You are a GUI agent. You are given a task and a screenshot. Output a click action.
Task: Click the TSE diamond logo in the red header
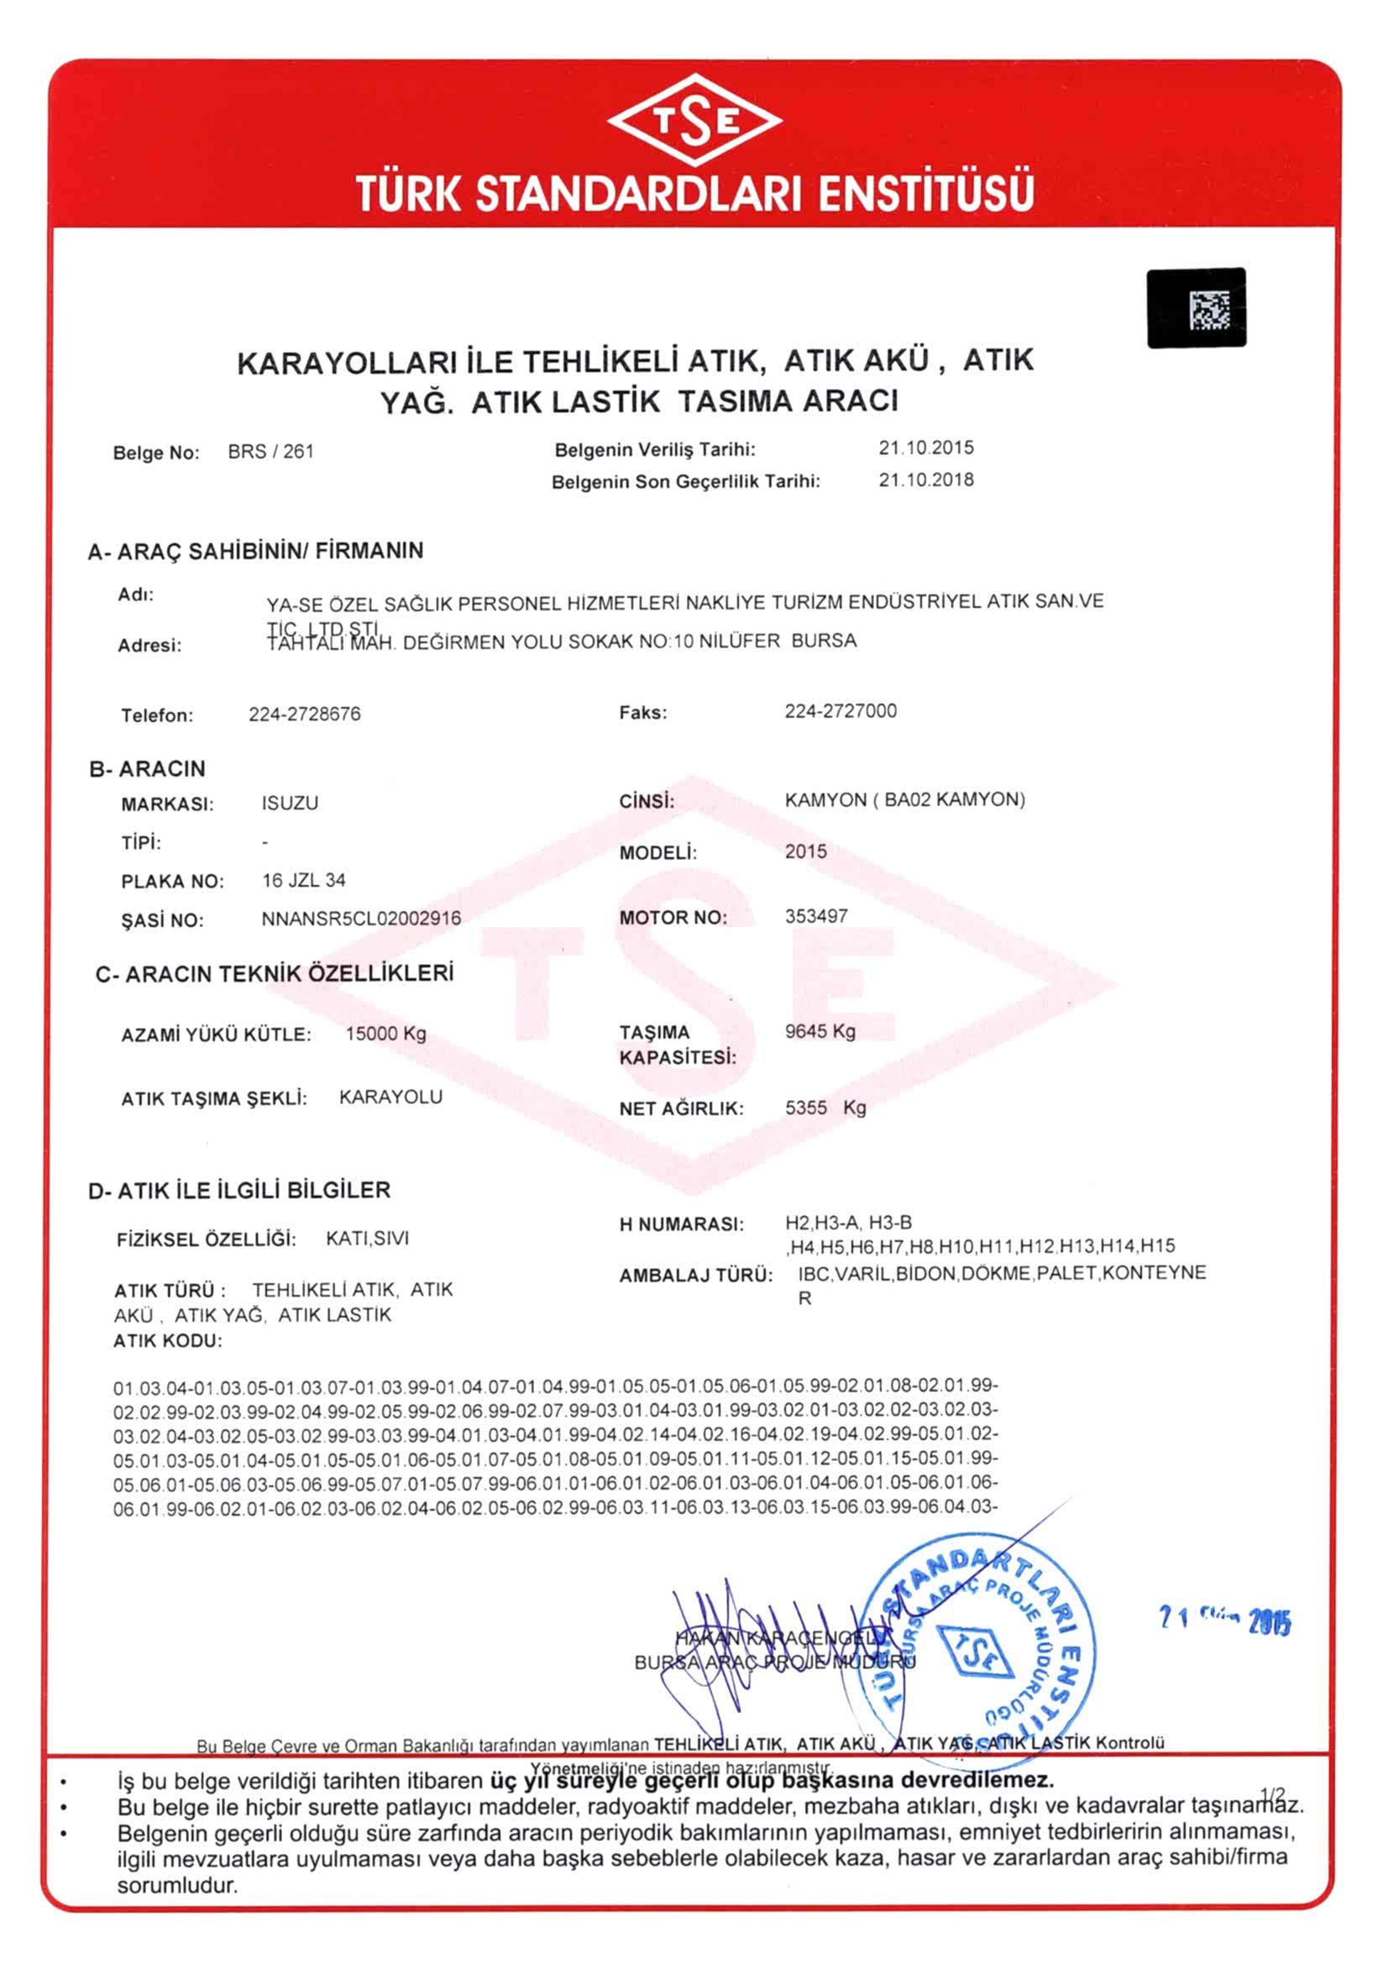pos(694,121)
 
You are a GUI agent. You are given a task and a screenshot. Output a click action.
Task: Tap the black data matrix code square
pos(1196,308)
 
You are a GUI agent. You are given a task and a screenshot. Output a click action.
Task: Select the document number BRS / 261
pos(270,452)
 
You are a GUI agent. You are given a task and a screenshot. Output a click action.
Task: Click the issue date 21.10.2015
pos(925,448)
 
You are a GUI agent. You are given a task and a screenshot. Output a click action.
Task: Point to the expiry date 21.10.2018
pos(925,480)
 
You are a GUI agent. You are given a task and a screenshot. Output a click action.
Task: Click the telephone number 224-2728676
pos(305,714)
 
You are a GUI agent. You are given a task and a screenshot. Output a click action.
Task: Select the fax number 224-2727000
pos(840,711)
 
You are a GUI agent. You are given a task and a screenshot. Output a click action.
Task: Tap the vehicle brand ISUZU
pos(290,804)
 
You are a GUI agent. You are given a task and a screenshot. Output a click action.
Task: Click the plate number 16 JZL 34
pos(304,880)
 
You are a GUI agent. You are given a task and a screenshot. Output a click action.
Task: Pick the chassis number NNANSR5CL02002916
pos(361,919)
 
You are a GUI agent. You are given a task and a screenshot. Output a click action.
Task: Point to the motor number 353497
pos(816,916)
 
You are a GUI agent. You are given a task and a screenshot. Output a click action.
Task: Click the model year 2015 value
pos(805,851)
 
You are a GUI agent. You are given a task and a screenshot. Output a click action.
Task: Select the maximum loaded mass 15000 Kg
pos(385,1034)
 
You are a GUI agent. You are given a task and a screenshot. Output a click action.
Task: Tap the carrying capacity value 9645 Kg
pos(820,1031)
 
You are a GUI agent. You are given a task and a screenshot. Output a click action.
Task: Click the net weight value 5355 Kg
pos(825,1108)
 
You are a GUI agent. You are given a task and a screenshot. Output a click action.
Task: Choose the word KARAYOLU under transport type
pos(390,1097)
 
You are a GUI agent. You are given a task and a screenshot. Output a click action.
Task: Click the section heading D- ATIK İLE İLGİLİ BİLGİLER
pos(239,1190)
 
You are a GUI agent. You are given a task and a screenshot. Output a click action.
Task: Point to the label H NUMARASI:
pos(682,1224)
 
